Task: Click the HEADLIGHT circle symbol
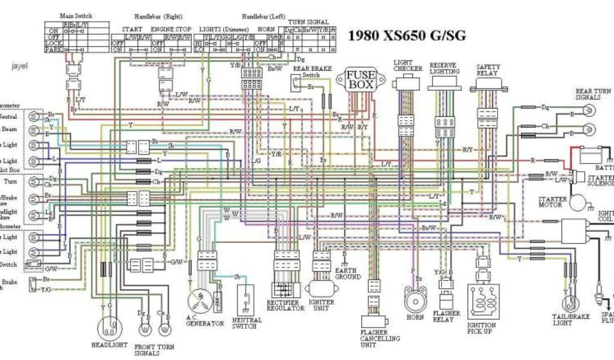coord(108,327)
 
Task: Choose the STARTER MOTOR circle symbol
coord(579,203)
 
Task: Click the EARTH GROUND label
coord(347,273)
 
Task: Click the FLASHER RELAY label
coord(447,316)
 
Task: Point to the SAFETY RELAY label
coord(489,70)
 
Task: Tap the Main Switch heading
coord(76,15)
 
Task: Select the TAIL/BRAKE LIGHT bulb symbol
coord(570,299)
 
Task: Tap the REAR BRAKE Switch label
coord(309,72)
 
